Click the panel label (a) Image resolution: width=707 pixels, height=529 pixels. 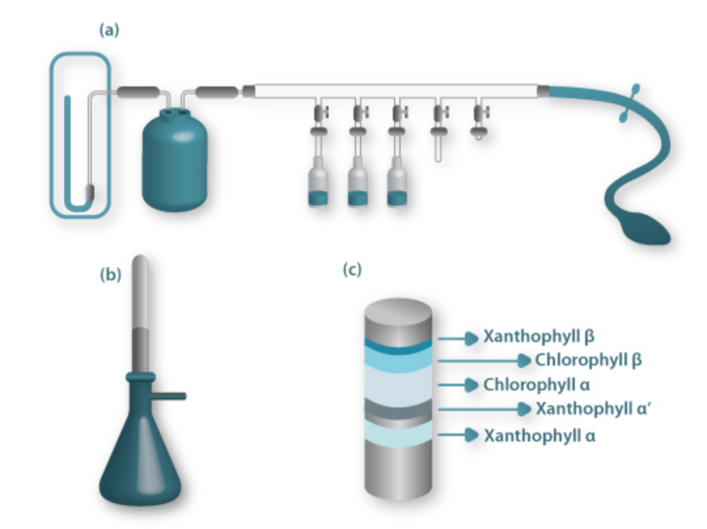click(x=109, y=30)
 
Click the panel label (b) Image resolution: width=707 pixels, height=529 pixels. click(x=111, y=274)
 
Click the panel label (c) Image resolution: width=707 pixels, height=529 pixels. click(x=352, y=270)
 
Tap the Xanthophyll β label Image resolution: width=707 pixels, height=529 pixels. click(x=539, y=337)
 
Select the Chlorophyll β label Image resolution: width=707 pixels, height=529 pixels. click(x=588, y=360)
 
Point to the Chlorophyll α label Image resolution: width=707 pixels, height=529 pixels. click(x=537, y=384)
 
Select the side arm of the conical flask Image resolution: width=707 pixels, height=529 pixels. click(x=171, y=395)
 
